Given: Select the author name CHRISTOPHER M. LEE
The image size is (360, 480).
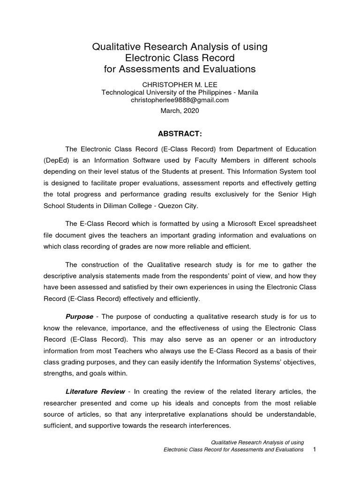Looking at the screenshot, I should pyautogui.click(x=180, y=84).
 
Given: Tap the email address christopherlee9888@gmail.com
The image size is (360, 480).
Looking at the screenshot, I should pyautogui.click(x=180, y=100).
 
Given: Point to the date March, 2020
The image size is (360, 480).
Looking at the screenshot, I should pyautogui.click(x=180, y=111).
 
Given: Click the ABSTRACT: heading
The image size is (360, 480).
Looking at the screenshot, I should pyautogui.click(x=180, y=135).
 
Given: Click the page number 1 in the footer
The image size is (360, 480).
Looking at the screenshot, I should pyautogui.click(x=315, y=450).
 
